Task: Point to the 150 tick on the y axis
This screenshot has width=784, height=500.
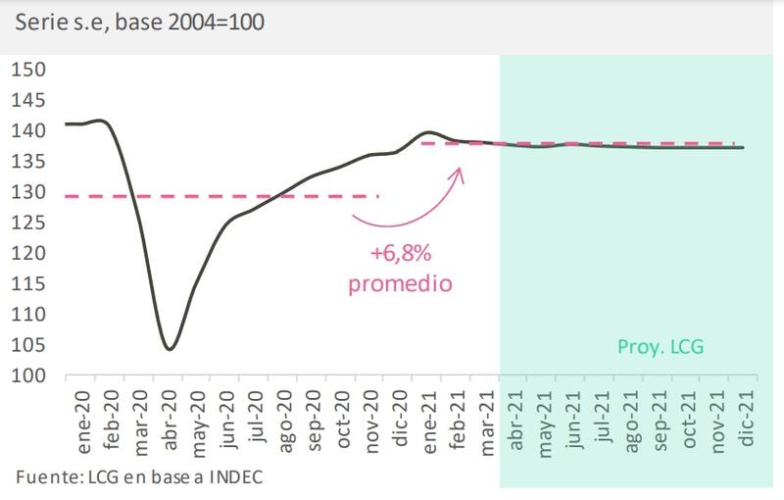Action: pyautogui.click(x=28, y=69)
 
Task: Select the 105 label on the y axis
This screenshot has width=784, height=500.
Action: pyautogui.click(x=28, y=345)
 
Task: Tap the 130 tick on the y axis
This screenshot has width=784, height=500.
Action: pyautogui.click(x=28, y=191)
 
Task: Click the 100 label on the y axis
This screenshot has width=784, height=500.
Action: pyautogui.click(x=28, y=375)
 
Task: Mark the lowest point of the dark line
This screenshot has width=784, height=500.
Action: pyautogui.click(x=170, y=349)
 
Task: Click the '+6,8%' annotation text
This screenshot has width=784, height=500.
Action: pyautogui.click(x=401, y=255)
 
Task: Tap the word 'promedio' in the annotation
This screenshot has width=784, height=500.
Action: pyautogui.click(x=401, y=284)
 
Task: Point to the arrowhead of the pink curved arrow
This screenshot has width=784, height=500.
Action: pyautogui.click(x=459, y=169)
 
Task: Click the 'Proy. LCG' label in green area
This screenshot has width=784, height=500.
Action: pyautogui.click(x=661, y=346)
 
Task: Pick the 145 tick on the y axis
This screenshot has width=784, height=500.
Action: pyautogui.click(x=28, y=99)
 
